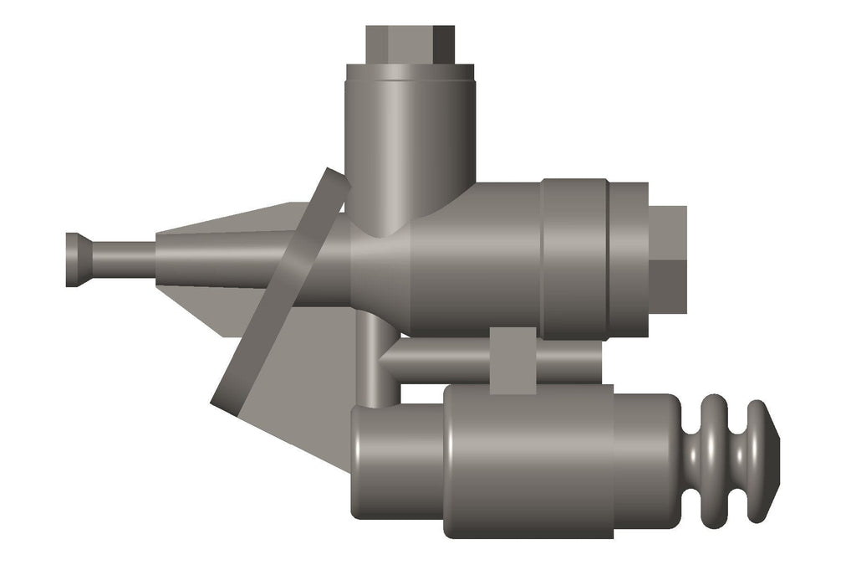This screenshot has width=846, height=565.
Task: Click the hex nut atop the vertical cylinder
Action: (x=410, y=44)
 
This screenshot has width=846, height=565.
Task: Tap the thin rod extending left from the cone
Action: (x=121, y=259)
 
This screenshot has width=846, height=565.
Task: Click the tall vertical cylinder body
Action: (x=410, y=142)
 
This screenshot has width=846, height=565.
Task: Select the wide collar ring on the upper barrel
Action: (x=574, y=259)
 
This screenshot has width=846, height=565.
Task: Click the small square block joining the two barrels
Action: (x=512, y=360)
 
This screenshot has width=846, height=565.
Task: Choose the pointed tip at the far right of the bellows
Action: (x=772, y=460)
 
